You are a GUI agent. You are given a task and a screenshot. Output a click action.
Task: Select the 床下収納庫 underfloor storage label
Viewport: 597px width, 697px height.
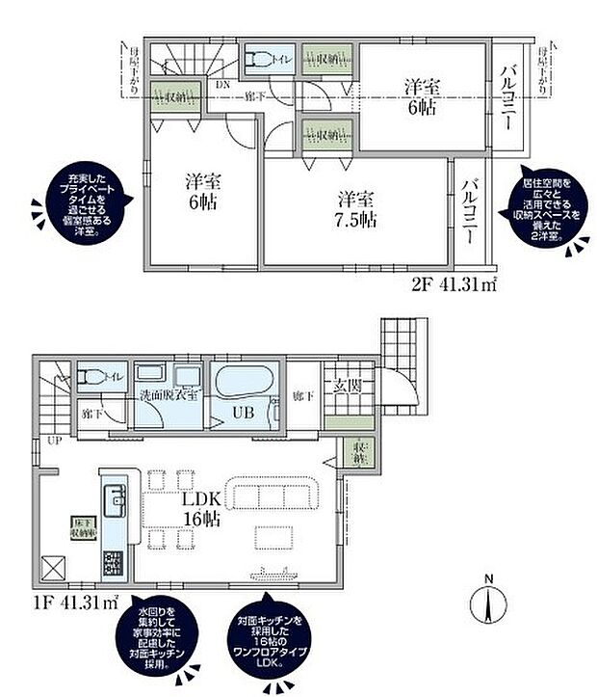(x=80, y=526)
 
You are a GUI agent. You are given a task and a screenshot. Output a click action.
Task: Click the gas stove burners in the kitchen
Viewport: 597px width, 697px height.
(x=112, y=560)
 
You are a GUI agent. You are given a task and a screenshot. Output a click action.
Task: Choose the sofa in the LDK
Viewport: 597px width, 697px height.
(x=272, y=490)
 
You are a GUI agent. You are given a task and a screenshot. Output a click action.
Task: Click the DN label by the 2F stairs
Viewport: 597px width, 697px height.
(x=222, y=84)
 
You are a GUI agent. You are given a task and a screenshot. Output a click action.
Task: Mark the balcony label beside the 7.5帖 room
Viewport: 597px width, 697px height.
(x=471, y=209)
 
